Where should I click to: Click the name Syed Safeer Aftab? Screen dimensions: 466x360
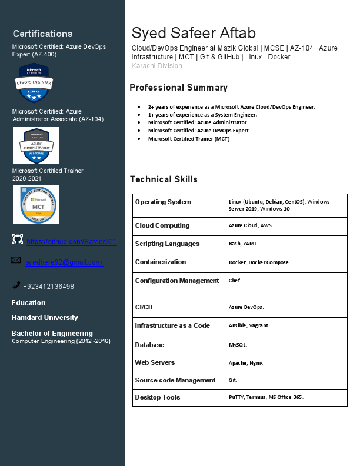coord(194,33)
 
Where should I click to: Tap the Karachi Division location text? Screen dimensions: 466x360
coord(156,66)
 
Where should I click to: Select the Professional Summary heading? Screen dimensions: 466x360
coord(178,88)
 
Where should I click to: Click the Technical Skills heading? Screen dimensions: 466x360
coord(164,179)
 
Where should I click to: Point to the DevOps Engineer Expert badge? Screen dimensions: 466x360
coord(34,83)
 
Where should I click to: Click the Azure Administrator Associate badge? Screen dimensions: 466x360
coord(36,145)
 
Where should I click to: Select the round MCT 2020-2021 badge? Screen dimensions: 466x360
coord(36,205)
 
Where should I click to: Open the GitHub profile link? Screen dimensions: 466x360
coord(71,242)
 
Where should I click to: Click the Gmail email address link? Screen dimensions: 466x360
coord(64,262)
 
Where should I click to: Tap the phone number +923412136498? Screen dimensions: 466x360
coord(48,287)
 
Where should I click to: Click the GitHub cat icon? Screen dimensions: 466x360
coord(18,239)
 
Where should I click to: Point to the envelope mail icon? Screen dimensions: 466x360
coord(16,259)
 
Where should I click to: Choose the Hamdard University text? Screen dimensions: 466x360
coord(45,318)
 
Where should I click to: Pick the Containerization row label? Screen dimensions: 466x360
coord(161,262)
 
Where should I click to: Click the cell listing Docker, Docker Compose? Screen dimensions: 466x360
coord(259,262)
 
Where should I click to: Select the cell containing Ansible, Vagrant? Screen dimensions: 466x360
coord(249,325)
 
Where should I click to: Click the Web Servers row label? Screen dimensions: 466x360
coord(155,362)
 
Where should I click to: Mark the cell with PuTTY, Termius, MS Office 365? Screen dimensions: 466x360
coord(266,397)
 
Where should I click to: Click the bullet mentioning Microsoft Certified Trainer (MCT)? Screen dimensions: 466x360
coord(189,139)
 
